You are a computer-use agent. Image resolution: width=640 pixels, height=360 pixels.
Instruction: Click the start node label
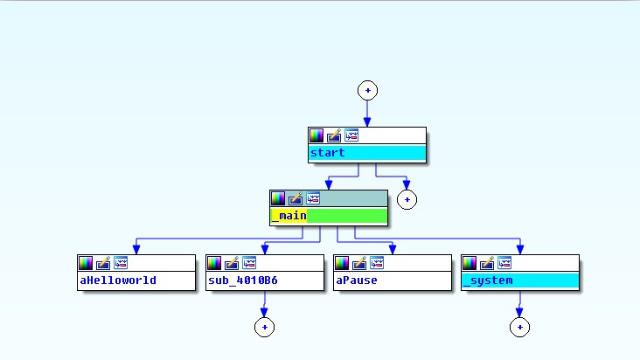(x=328, y=153)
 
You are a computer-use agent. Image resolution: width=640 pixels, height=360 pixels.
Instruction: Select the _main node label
(x=288, y=216)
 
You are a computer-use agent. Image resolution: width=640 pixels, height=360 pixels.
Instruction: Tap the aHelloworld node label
(x=118, y=280)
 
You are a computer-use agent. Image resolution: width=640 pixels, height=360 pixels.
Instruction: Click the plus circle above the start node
(x=367, y=90)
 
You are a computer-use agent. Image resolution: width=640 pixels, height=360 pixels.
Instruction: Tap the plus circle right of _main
(x=406, y=199)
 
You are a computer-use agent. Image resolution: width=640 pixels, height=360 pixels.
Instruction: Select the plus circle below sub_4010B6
(x=264, y=327)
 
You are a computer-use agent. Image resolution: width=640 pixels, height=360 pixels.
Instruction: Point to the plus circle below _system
(x=519, y=327)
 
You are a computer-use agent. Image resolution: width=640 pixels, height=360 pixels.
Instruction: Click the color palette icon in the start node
(x=317, y=135)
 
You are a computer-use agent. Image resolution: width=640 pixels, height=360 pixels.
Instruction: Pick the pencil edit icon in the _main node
(x=296, y=198)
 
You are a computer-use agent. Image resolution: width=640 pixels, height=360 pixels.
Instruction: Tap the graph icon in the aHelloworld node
(x=122, y=262)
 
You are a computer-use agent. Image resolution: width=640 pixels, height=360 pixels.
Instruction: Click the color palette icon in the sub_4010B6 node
(x=214, y=262)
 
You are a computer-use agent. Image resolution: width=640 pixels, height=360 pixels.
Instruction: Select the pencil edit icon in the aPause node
(x=359, y=262)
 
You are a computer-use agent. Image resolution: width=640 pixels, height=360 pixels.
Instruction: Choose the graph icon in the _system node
(x=504, y=262)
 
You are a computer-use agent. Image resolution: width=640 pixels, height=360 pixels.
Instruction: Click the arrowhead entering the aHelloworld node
(x=136, y=250)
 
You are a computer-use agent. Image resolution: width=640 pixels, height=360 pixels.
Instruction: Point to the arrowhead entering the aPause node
(x=392, y=250)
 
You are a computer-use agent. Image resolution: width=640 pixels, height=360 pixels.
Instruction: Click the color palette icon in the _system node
(x=470, y=262)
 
